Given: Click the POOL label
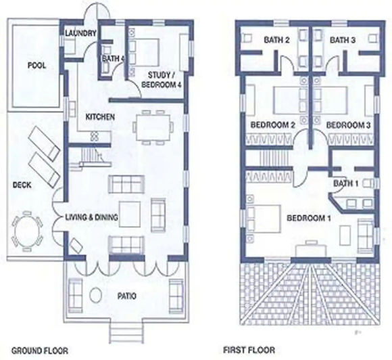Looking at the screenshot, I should [x=36, y=66].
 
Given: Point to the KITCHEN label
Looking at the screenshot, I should [x=100, y=117].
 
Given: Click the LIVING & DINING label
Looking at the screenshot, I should [x=92, y=217].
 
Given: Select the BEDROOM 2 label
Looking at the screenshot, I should [x=274, y=125].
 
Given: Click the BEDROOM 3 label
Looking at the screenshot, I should [x=347, y=125].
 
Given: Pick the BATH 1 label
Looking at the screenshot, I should [x=345, y=183].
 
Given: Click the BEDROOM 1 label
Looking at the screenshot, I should [x=310, y=218].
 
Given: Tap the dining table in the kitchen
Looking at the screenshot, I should [x=151, y=125].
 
